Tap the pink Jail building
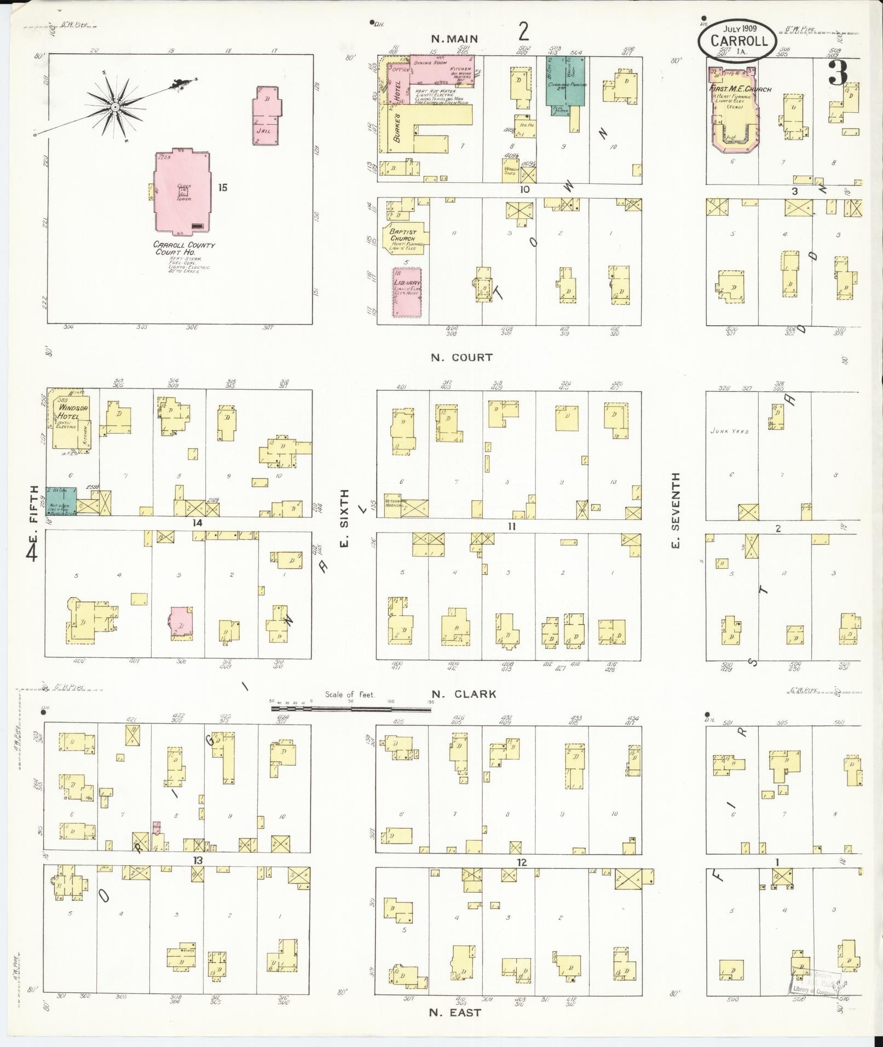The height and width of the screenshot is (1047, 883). coord(267,115)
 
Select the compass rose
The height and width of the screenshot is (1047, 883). coord(116,107)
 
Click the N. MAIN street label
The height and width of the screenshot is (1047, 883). coord(454,39)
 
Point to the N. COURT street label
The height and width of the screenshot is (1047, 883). coord(461,357)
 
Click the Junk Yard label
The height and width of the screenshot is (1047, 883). coord(729,431)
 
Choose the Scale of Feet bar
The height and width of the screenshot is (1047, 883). coord(351,709)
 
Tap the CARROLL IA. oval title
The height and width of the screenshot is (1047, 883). coord(736,39)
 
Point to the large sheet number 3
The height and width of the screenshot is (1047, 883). coord(838,72)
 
